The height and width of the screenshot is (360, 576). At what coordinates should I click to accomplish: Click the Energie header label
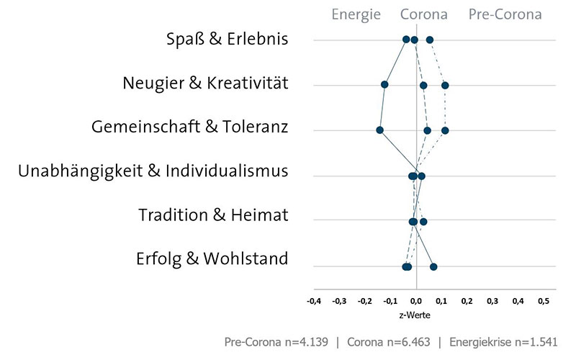pos(356,14)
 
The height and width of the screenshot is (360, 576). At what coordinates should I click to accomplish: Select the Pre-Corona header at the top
pos(505,14)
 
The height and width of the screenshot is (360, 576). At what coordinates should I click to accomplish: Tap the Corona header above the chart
pos(423,14)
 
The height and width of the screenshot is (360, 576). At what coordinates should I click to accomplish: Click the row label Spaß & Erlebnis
pos(227,39)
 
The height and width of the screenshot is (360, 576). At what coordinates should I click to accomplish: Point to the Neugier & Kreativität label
pos(205,84)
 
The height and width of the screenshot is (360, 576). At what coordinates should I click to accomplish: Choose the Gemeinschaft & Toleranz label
pos(190,127)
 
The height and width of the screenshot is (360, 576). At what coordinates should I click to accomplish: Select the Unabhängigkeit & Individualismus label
pos(153,171)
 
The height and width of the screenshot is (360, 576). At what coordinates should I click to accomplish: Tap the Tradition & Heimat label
pos(213,215)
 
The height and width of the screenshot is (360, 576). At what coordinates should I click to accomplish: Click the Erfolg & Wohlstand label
pos(212,258)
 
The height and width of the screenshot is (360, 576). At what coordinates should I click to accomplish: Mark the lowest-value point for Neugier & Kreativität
pos(384,85)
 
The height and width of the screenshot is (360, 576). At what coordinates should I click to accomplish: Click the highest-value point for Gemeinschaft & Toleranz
pos(445,130)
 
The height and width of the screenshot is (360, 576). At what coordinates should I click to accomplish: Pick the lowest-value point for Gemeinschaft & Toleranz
pos(379,130)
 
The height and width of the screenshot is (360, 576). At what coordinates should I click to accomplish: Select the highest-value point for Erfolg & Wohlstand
pos(433,267)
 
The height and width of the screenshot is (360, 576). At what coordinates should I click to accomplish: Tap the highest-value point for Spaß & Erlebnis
pos(430,40)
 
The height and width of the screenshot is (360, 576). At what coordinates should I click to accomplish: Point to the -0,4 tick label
pos(314,301)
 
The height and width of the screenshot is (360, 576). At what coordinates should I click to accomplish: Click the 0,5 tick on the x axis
pos(543,301)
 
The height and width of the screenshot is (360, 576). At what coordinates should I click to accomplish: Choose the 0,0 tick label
pos(416,301)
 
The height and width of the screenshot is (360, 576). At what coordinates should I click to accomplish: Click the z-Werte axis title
pos(415,315)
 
